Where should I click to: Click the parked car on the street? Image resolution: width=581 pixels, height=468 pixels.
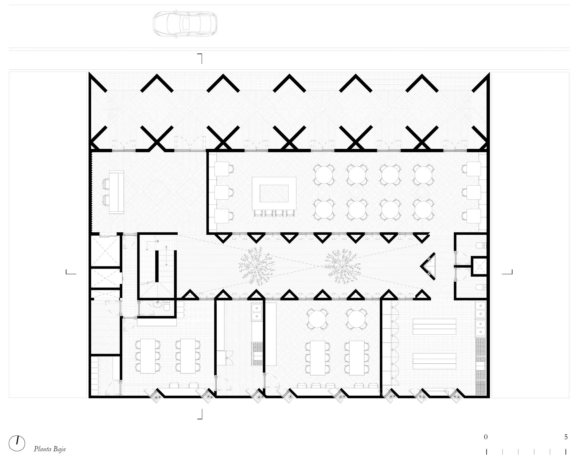[185, 24]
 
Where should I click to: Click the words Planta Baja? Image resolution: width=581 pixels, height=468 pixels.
[50, 449]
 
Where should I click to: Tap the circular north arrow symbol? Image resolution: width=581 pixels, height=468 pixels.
[17, 443]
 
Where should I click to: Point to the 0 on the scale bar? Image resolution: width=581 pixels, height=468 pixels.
[486, 437]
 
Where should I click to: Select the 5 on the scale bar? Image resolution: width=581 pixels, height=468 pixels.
[566, 437]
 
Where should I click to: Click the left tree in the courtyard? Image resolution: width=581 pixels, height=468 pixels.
[256, 266]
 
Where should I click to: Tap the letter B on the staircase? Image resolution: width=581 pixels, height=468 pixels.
[158, 241]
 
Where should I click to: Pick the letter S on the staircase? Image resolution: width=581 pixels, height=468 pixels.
[166, 247]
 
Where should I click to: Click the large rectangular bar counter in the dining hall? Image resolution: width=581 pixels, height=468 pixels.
[274, 193]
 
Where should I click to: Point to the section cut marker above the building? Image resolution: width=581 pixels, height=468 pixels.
[200, 58]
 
